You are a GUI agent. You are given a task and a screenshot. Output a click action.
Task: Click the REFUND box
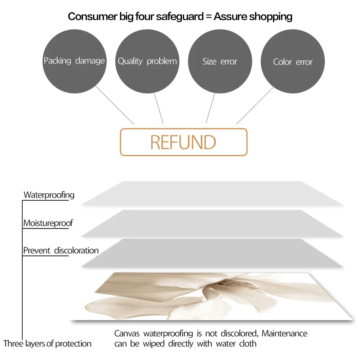point(183,142)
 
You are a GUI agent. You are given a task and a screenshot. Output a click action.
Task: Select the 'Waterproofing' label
point(49,195)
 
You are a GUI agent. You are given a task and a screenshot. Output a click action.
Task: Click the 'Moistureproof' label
point(48,223)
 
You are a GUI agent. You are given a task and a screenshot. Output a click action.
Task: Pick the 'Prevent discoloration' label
point(61,250)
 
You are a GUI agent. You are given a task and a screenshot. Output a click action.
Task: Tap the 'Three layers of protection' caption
point(47,344)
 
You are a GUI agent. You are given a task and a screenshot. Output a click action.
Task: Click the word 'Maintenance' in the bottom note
point(284,334)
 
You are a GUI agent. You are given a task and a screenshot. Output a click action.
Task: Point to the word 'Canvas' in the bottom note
point(128,334)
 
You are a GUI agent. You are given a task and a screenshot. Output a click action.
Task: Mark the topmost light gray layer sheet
point(211,193)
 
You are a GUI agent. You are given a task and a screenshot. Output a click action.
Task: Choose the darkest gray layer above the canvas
point(211,253)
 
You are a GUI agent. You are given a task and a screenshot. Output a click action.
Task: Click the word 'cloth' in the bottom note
point(248,344)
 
